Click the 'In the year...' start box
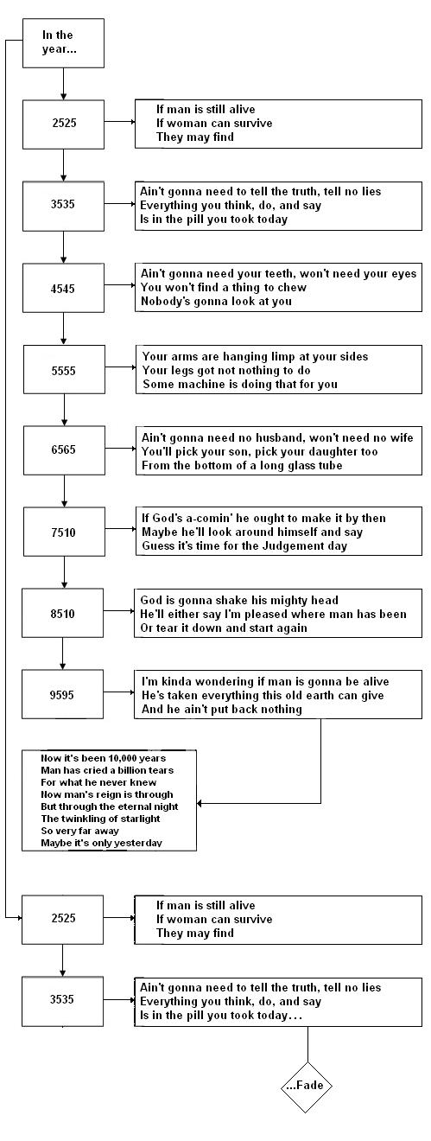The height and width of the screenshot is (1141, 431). coord(64,43)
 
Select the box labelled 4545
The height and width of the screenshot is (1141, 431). coord(64,288)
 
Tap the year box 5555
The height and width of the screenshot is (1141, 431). coord(64,369)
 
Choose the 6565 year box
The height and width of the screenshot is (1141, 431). coord(64,450)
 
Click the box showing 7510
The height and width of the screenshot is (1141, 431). coord(64,532)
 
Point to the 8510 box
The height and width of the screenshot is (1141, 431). coord(62,613)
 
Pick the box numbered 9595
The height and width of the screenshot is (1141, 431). coord(62,694)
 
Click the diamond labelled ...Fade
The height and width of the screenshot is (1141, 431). coord(307,1086)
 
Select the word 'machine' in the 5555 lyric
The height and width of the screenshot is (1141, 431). coord(193,384)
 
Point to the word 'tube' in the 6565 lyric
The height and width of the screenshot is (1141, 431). coord(330,465)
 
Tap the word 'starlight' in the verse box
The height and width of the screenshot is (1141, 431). coord(136,819)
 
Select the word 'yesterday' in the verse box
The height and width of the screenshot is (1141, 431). coord(138,843)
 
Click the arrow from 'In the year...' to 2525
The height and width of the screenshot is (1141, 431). coord(63,84)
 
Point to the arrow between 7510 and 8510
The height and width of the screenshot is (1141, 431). coord(64,572)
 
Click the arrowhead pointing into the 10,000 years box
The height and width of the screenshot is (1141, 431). coord(200,803)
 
